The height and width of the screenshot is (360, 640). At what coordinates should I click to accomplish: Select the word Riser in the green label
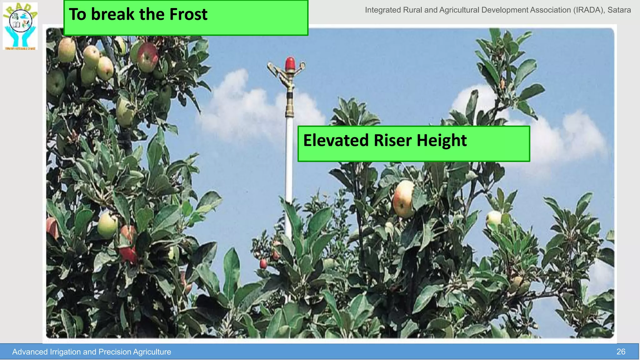tap(393, 140)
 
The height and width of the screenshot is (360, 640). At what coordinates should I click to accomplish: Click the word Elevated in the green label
tap(336, 140)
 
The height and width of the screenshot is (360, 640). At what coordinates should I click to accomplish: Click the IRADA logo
tap(20, 26)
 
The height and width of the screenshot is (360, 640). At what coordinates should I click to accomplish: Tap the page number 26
tap(621, 352)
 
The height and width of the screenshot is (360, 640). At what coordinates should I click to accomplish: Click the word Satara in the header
tap(619, 10)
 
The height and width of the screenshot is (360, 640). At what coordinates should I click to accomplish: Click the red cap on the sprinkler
tap(290, 63)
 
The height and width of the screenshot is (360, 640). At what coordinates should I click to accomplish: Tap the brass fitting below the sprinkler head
tap(290, 106)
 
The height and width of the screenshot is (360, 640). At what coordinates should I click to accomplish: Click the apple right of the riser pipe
tap(403, 199)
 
